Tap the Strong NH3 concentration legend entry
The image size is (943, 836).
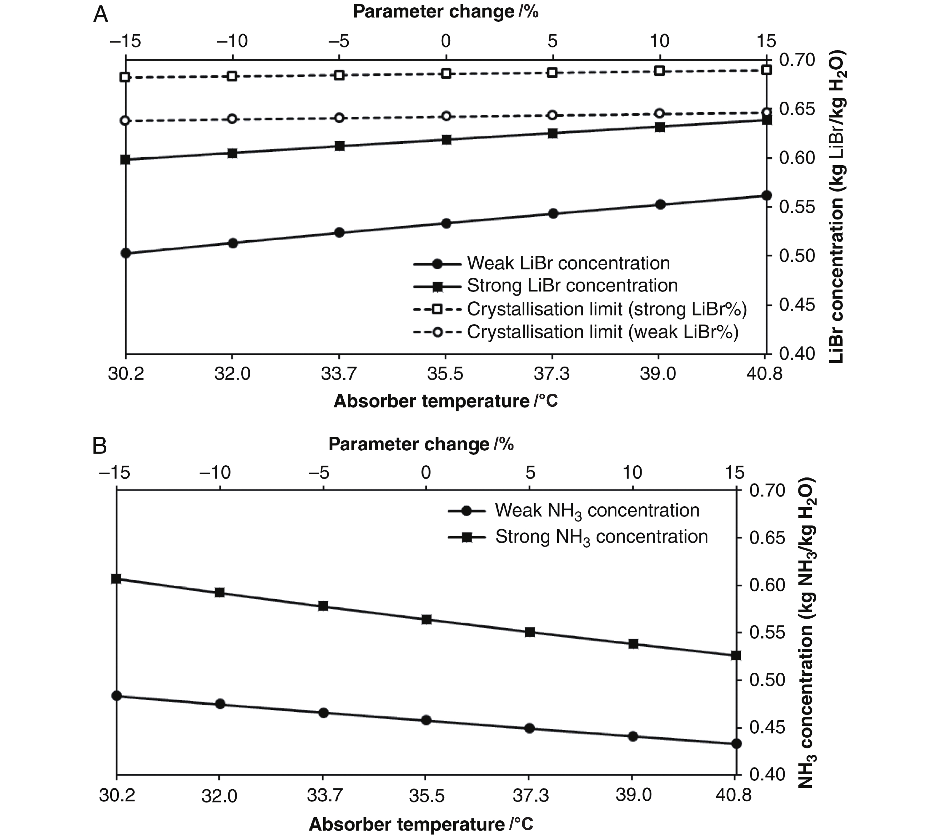point(601,537)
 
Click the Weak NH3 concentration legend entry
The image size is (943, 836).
point(597,511)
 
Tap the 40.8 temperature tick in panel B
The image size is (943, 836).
point(733,795)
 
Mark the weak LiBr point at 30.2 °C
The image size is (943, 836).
point(125,253)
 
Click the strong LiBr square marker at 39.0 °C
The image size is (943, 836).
point(660,127)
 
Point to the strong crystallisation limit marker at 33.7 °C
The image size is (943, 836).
point(339,75)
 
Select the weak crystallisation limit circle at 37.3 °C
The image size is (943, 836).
point(553,115)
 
